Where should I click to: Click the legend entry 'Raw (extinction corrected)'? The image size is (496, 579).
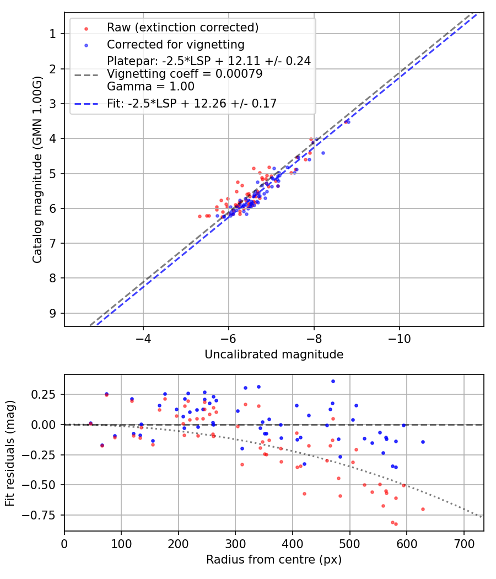pyautogui.click(x=182, y=28)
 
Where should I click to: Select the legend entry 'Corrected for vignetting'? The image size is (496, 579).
pyautogui.click(x=176, y=44)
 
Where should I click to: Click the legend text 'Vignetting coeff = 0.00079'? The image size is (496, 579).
pyautogui.click(x=185, y=73)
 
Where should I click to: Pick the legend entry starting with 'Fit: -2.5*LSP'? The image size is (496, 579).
pyautogui.click(x=191, y=103)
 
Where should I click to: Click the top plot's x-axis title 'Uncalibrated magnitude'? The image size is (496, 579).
pyautogui.click(x=274, y=355)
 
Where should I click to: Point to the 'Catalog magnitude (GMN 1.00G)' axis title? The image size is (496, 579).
pyautogui.click(x=37, y=169)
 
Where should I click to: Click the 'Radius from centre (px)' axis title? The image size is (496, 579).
pyautogui.click(x=274, y=560)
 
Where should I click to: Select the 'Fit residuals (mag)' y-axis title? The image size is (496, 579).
pyautogui.click(x=10, y=453)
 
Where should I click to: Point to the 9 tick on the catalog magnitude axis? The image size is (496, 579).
pyautogui.click(x=53, y=313)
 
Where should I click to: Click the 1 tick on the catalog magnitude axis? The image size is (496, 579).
pyautogui.click(x=53, y=34)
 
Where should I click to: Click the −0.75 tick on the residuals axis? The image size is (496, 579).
pyautogui.click(x=44, y=515)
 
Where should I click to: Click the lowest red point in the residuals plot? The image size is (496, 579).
pyautogui.click(x=396, y=524)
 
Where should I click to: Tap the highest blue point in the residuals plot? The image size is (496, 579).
pyautogui.click(x=333, y=381)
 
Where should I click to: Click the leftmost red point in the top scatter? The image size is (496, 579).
pyautogui.click(x=200, y=216)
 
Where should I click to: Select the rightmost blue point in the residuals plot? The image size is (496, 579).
pyautogui.click(x=423, y=442)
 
